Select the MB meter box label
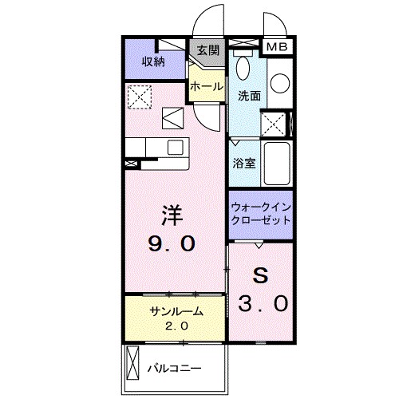coord(275,48)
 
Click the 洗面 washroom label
coord(248,96)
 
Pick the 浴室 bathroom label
coord(243,164)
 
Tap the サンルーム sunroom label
coord(176,312)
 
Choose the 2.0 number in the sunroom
coord(176,326)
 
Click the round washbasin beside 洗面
coord(279,83)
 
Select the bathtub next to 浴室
coord(278,164)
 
